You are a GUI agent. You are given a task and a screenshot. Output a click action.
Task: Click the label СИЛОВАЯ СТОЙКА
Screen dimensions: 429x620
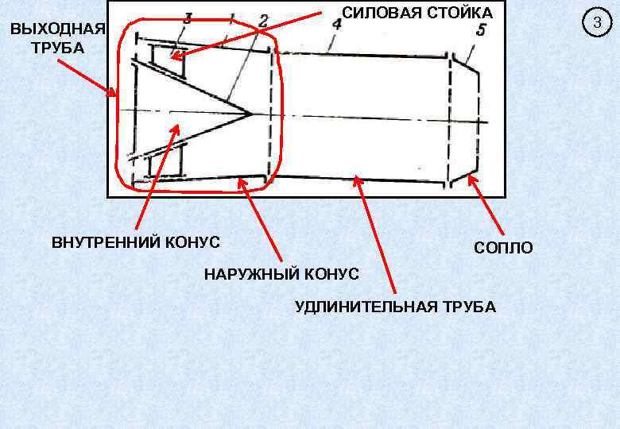point(417,13)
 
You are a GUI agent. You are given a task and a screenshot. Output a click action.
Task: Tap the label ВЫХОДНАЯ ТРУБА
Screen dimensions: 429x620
point(56,38)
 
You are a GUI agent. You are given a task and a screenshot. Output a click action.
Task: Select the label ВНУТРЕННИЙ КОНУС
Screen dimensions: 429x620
point(136,242)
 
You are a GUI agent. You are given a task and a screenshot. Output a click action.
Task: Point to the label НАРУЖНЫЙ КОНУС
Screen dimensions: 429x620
point(281,275)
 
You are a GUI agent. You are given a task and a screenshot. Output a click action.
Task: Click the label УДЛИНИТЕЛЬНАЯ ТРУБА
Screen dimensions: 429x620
point(395,307)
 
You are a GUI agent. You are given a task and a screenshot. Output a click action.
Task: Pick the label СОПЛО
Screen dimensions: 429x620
point(504,249)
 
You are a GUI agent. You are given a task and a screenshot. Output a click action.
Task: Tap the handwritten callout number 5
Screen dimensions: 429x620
point(482,30)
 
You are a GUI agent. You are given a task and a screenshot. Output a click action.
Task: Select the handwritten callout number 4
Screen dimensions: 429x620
point(337,25)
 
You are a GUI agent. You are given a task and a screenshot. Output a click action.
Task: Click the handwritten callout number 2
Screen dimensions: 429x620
point(262,19)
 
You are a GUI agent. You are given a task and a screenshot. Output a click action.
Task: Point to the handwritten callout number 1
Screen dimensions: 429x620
point(231,18)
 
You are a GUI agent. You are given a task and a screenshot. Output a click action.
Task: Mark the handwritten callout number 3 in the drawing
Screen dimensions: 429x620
point(188,18)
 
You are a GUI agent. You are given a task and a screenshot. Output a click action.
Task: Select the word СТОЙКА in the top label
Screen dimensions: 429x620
point(460,13)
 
